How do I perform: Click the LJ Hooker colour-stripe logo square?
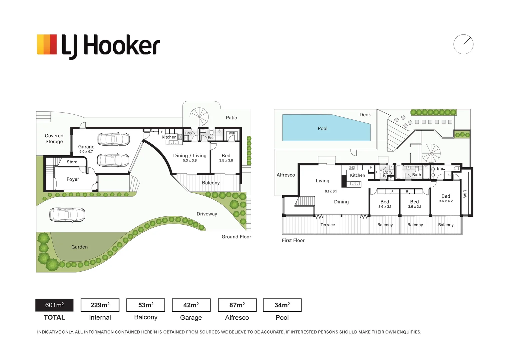coord(47,44)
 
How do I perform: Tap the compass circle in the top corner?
coord(463,44)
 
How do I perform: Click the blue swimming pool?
coord(326,128)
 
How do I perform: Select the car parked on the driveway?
coord(67,214)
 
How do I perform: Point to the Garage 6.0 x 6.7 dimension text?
coord(86,151)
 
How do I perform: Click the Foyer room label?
coord(73,179)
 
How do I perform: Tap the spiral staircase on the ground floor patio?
coord(199,117)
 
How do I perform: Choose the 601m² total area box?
coord(54,305)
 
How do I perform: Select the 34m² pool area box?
coord(282,305)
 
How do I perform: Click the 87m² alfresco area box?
coord(237,305)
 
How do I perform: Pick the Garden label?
coord(79,247)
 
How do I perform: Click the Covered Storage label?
coord(54,138)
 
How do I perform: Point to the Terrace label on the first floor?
coord(328,225)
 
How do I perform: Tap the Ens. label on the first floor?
coord(441,169)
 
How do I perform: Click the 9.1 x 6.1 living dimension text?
coord(331,191)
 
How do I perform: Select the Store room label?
coord(72,162)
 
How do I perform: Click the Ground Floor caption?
coord(236,237)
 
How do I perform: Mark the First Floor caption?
coord(293,240)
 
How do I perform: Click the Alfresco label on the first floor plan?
coord(286,175)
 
